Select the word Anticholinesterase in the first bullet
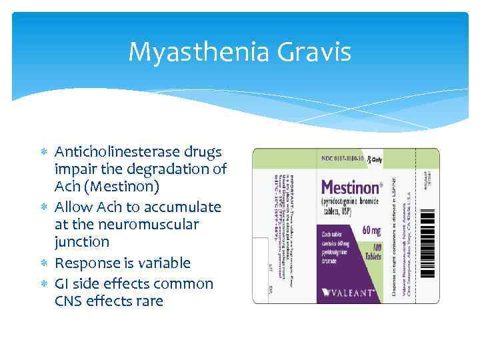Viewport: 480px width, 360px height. tap(119, 152)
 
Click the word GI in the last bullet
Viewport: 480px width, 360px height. tap(63, 284)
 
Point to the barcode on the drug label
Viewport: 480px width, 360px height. tap(429, 233)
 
